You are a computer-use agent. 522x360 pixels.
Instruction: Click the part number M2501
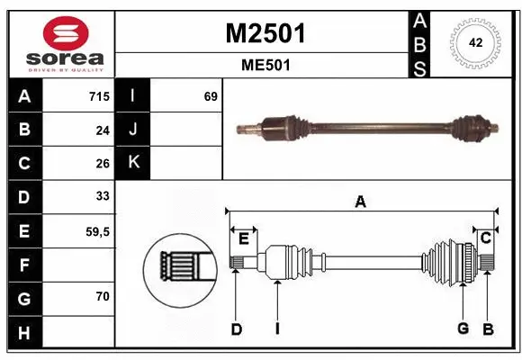tap(265, 33)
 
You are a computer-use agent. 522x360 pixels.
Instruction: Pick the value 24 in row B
tap(103, 130)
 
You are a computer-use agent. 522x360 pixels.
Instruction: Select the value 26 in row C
tap(103, 164)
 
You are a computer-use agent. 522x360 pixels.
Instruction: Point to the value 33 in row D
tap(103, 196)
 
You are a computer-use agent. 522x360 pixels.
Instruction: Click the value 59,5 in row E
tap(98, 231)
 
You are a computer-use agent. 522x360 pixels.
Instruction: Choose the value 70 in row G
tap(103, 295)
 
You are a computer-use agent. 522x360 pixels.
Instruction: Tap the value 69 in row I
tap(210, 96)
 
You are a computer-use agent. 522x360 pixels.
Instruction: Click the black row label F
tap(23, 265)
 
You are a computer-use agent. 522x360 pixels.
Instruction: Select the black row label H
tap(23, 334)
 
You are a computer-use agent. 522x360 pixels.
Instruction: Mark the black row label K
tap(133, 163)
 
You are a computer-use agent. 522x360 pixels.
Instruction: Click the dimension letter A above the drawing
tap(360, 202)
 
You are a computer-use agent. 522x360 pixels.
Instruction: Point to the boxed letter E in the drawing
tap(243, 238)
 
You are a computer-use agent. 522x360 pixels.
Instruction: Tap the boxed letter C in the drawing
tap(485, 238)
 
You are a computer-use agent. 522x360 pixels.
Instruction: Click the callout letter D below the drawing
tap(236, 329)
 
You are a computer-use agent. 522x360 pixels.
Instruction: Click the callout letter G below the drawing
tap(463, 329)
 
